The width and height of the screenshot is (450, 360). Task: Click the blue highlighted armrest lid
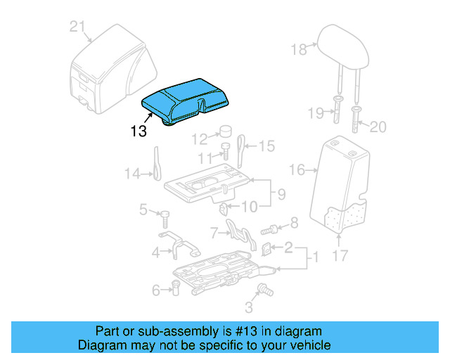187,98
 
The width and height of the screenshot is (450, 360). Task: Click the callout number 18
300,49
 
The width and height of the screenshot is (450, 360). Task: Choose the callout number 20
378,127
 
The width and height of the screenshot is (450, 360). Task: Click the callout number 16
297,169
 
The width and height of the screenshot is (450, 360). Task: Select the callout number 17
340,256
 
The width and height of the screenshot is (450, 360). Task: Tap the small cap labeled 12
228,131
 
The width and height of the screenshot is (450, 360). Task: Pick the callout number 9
281,193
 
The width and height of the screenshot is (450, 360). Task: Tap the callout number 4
156,252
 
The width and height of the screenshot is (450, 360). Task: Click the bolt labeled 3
266,288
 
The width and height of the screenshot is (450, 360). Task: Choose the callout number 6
155,288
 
